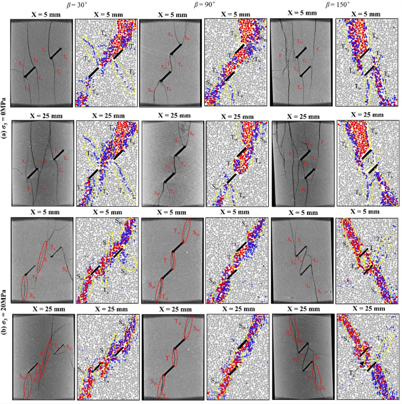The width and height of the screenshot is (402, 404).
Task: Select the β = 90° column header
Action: coord(202,4)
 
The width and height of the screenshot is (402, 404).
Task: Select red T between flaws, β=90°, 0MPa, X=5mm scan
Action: coord(170,64)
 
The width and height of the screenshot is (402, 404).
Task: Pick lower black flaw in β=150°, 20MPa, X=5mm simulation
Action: coord(369,270)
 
